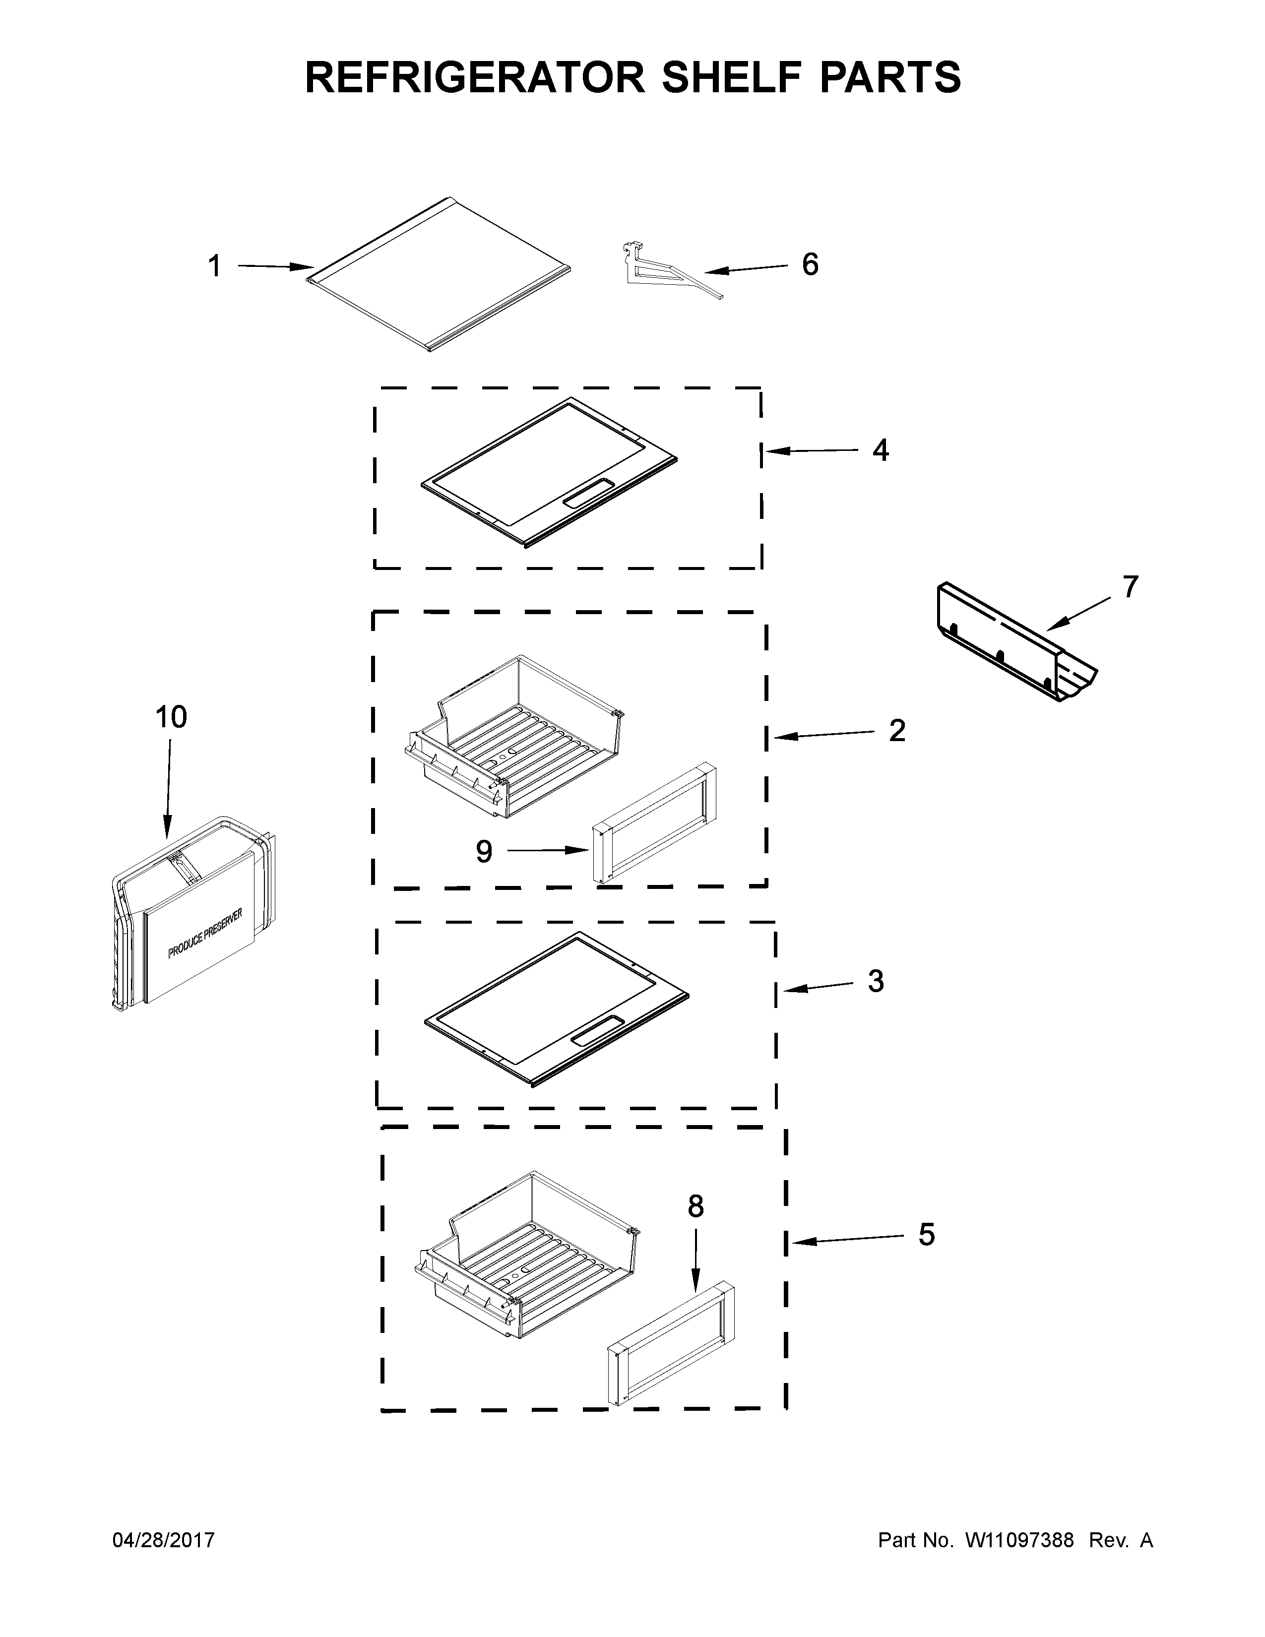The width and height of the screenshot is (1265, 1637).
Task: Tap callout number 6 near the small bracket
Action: (x=810, y=264)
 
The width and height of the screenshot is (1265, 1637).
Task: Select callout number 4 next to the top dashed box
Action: (x=881, y=450)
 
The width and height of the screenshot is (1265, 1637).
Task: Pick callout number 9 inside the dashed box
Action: (x=484, y=851)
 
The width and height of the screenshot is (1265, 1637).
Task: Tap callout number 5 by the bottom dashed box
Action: (x=927, y=1235)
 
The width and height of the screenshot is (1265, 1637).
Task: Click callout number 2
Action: (x=897, y=731)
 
